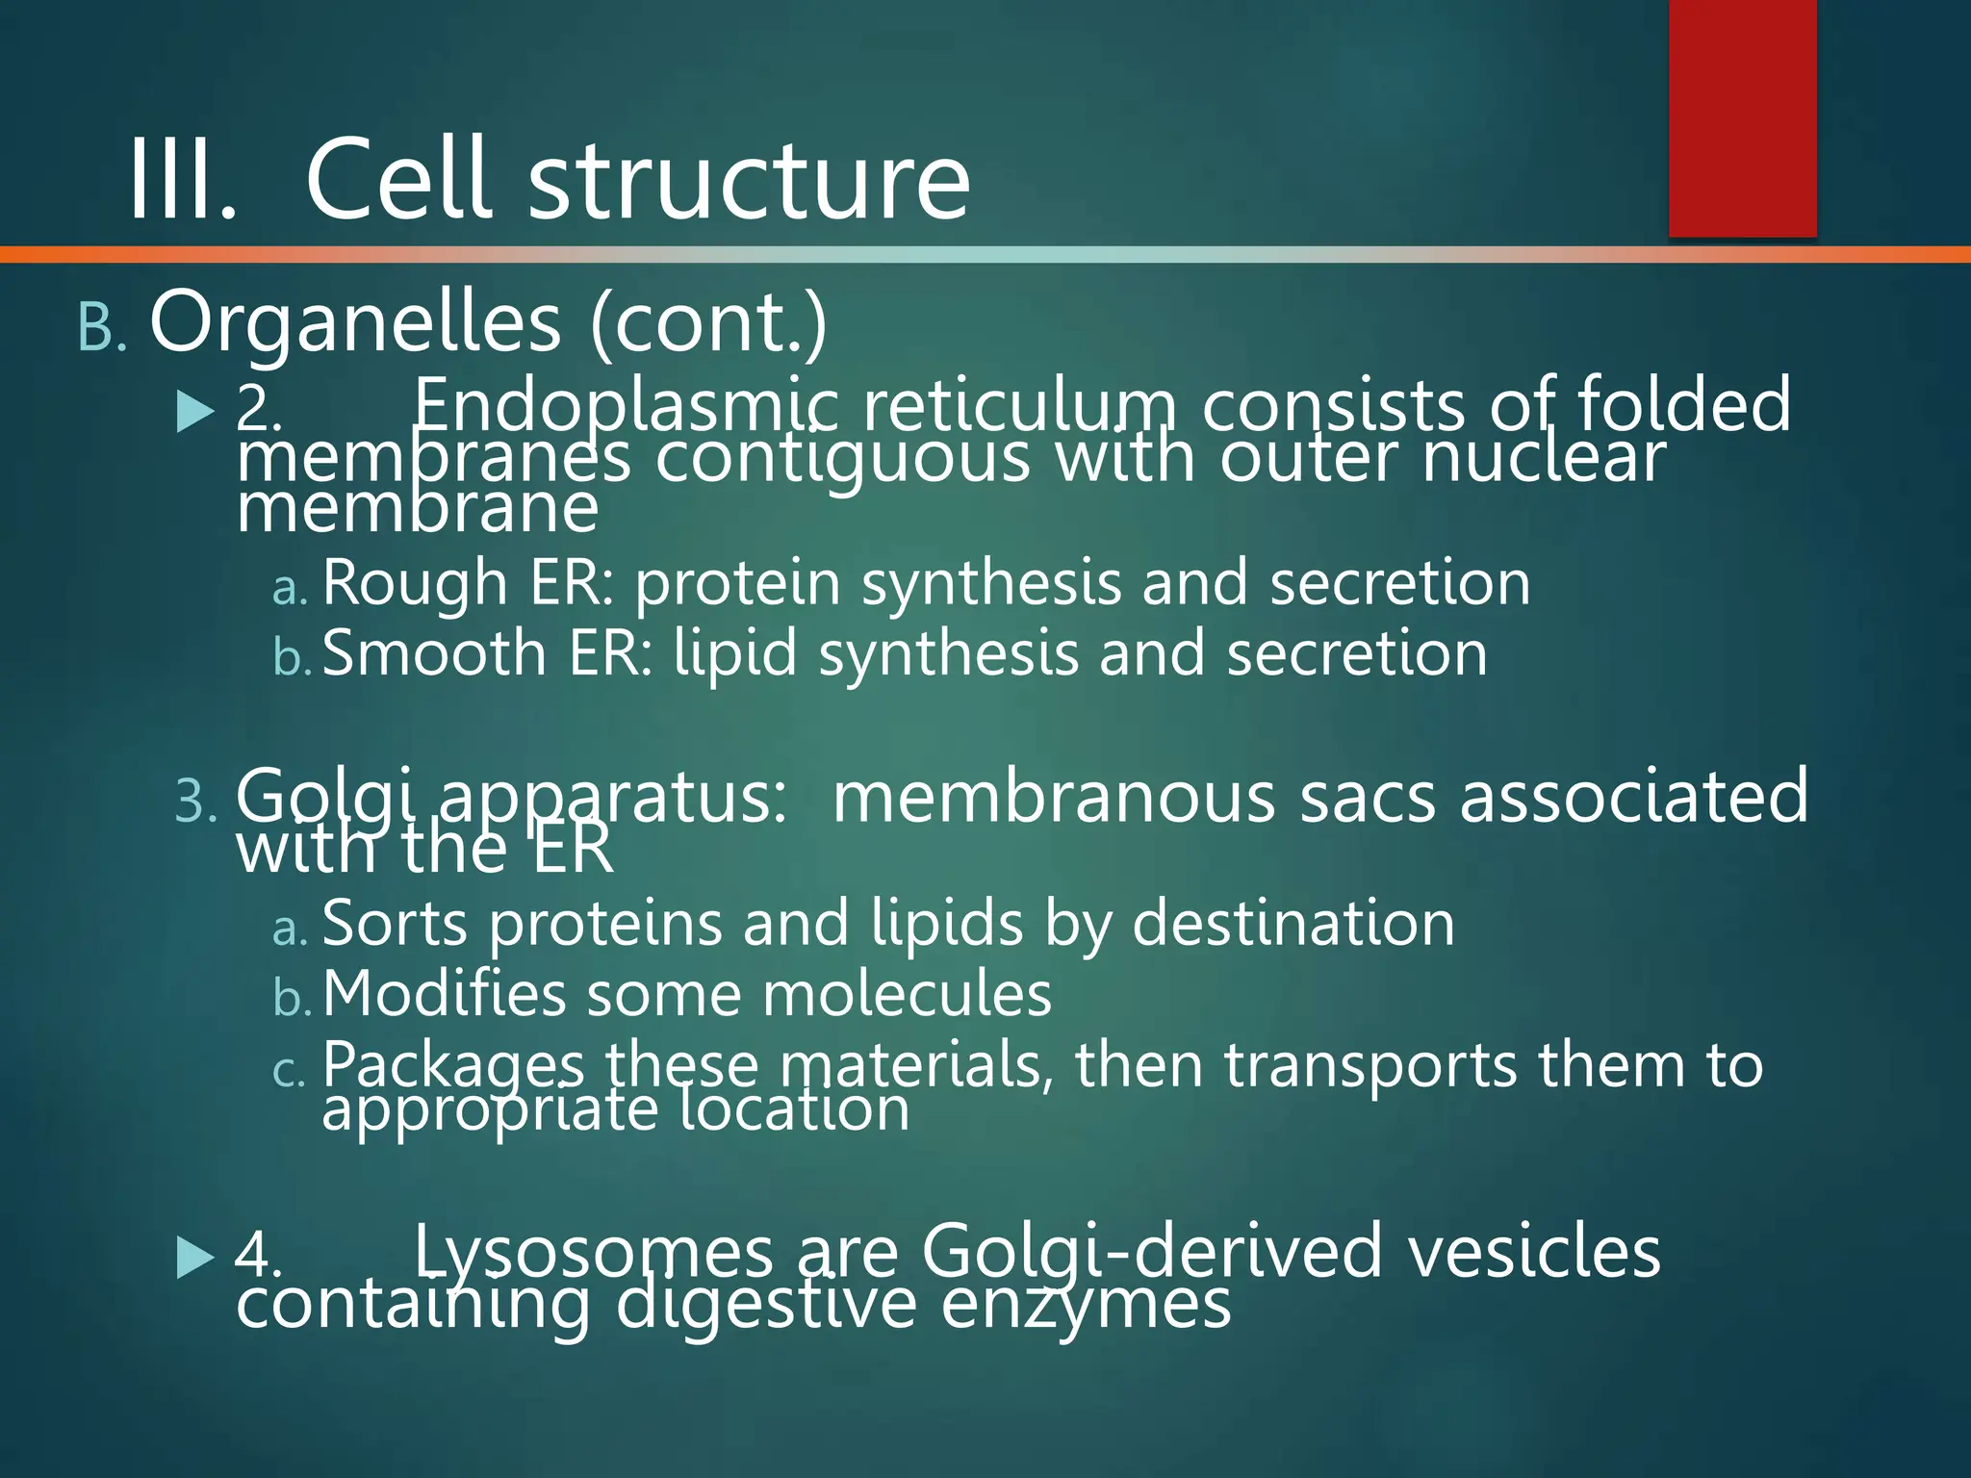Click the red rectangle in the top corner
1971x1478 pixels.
tap(1742, 117)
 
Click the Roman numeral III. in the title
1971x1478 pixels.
tap(182, 180)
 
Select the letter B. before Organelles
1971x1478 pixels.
tap(101, 328)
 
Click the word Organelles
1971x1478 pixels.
tap(355, 322)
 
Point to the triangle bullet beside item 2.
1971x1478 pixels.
tap(195, 413)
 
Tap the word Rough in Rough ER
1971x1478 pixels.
tap(415, 584)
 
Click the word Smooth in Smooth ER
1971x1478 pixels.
tap(434, 654)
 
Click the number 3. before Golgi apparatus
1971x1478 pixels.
tap(197, 802)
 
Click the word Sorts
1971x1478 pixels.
tap(395, 924)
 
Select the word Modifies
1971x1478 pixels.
tap(444, 994)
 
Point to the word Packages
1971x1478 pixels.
tap(453, 1066)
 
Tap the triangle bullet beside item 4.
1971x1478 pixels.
tap(195, 1258)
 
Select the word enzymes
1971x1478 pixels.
tap(1086, 1306)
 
